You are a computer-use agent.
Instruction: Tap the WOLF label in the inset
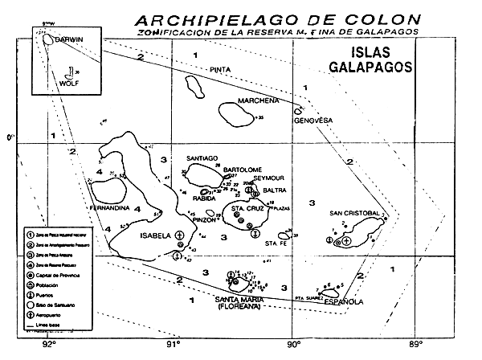click(x=54, y=82)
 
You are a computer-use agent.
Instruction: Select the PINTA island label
click(x=220, y=70)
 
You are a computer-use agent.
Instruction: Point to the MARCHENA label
click(x=258, y=100)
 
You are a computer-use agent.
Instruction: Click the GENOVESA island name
click(x=312, y=121)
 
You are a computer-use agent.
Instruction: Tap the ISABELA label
click(x=156, y=235)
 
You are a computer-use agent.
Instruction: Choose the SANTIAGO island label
click(x=202, y=158)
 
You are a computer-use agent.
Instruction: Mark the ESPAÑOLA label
click(x=343, y=302)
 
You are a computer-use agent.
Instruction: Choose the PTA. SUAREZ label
click(x=310, y=296)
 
